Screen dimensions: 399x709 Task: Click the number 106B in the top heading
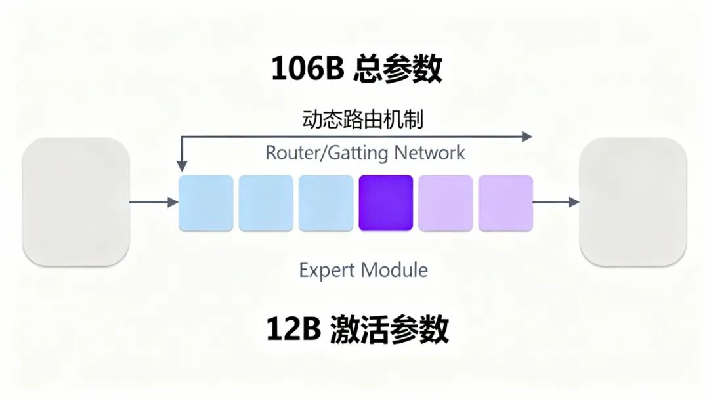tap(308, 68)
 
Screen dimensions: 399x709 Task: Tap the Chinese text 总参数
tap(398, 68)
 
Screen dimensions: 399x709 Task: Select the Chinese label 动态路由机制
tap(362, 119)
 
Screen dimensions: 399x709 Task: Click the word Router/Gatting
tap(327, 153)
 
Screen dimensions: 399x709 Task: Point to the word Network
tap(429, 153)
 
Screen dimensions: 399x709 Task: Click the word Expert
tap(327, 270)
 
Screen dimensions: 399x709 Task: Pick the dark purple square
tap(386, 203)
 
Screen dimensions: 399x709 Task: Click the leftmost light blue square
tap(206, 203)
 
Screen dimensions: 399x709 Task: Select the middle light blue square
tap(266, 203)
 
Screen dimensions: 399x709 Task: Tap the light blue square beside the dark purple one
tap(326, 203)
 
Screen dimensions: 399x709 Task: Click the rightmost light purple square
tap(505, 203)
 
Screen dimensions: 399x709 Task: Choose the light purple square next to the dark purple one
tap(446, 203)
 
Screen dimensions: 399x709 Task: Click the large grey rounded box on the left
tap(75, 202)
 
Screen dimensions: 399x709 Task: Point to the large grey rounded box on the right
tap(633, 202)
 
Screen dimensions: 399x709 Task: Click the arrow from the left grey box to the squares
tap(154, 202)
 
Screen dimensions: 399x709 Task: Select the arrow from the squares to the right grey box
tap(555, 202)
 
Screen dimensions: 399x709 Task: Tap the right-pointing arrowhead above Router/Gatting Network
tap(526, 136)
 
